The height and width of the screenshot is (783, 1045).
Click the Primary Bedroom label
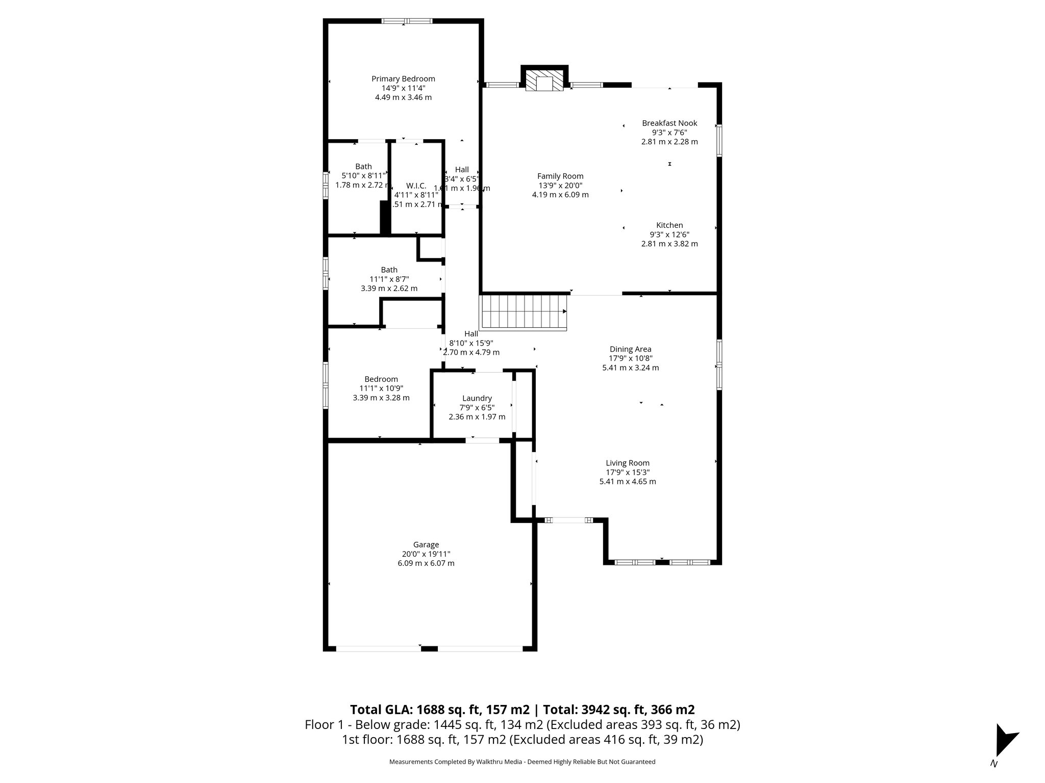click(x=403, y=79)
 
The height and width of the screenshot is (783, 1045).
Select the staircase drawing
click(x=523, y=312)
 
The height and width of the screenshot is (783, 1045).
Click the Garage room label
click(x=426, y=544)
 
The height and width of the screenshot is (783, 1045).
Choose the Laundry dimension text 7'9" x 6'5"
click(x=477, y=407)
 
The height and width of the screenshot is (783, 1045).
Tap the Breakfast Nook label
click(x=669, y=123)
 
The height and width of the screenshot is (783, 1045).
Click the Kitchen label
click(x=669, y=225)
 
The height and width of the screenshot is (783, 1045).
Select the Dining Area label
click(x=630, y=349)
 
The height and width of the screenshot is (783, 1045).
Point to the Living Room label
click(x=628, y=463)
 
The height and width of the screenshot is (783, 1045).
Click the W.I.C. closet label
click(x=416, y=186)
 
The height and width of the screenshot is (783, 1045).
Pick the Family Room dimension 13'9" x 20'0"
click(x=560, y=186)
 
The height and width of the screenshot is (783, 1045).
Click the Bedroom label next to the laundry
click(x=381, y=379)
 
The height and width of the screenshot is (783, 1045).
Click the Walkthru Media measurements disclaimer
click(x=522, y=762)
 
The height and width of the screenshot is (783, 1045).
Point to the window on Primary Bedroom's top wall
click(x=407, y=21)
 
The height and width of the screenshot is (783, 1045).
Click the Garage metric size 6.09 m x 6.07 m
click(x=426, y=563)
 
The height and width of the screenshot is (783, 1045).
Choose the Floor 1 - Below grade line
click(x=522, y=724)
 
